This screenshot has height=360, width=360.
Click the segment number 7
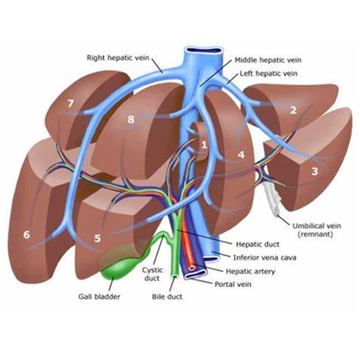(70, 103)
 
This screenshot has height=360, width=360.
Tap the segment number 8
(131, 120)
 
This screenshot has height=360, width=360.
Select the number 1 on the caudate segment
(204, 145)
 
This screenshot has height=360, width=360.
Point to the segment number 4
(241, 155)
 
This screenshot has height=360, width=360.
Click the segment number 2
(293, 110)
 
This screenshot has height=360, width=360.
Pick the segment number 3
(314, 172)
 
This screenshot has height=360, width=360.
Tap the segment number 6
(27, 235)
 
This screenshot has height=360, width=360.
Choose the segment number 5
(97, 238)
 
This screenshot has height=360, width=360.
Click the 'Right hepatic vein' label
(118, 58)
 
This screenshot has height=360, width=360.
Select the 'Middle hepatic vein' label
(268, 60)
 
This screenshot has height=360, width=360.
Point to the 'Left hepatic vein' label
(269, 74)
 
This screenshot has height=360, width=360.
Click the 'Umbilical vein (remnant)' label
(316, 230)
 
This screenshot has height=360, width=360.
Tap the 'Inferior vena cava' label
(265, 257)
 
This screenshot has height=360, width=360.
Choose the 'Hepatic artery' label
(250, 271)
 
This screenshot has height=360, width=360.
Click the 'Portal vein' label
(233, 284)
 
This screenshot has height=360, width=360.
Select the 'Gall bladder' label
(99, 297)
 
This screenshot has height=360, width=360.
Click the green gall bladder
(122, 265)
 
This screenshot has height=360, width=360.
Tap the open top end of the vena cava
(203, 50)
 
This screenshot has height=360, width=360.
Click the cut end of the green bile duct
(175, 277)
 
